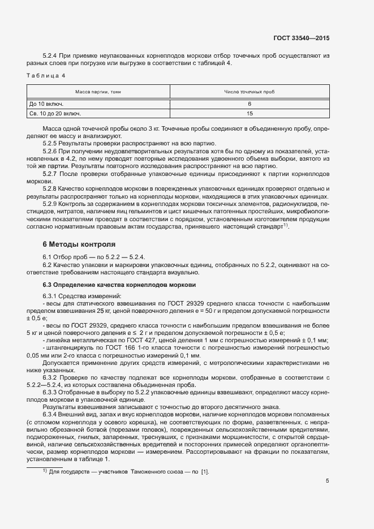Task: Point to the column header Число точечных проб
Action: (249, 91)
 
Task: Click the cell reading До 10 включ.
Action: (46, 104)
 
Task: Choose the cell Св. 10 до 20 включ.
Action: (55, 114)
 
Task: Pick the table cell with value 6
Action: (249, 104)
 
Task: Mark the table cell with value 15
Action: (249, 114)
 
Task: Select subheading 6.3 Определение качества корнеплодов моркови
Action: (119, 284)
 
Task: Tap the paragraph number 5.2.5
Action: (51, 144)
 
